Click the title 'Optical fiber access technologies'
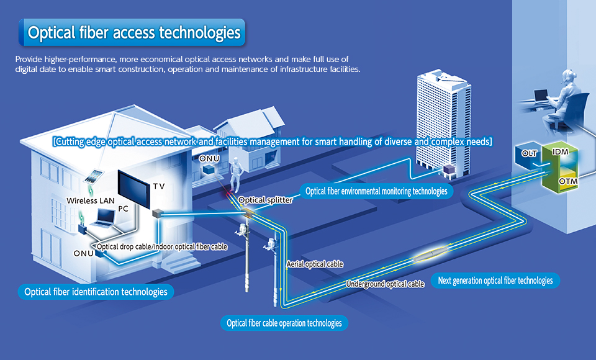[133, 32]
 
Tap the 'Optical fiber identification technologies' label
[96, 291]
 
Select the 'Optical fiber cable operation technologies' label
[284, 323]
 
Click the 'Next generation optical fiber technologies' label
[495, 281]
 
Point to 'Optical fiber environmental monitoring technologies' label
[376, 191]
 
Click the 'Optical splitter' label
[265, 200]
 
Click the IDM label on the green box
[560, 152]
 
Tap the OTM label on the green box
[569, 181]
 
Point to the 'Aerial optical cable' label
[315, 264]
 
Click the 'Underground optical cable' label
[385, 284]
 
